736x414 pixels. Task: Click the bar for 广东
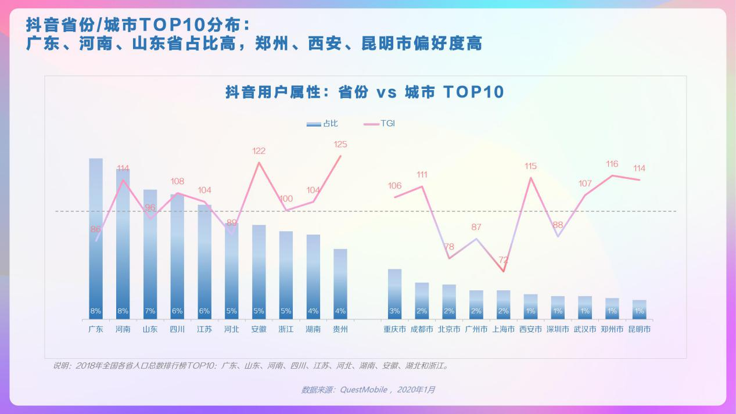[x=96, y=238]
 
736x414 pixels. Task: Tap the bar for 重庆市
[x=394, y=293]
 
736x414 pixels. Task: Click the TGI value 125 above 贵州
[x=340, y=144]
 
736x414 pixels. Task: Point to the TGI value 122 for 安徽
[x=259, y=151]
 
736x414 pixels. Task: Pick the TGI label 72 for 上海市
[x=503, y=260]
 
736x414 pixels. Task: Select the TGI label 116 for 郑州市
[x=612, y=164]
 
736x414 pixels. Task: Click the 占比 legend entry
[x=323, y=124]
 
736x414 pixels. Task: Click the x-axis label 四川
[x=177, y=329]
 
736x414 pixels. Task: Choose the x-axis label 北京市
[x=449, y=329]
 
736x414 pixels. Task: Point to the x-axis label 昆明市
[x=639, y=329]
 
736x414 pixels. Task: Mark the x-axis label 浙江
[x=286, y=329]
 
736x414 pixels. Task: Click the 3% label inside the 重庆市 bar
[x=394, y=311]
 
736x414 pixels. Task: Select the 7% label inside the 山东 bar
[x=150, y=311]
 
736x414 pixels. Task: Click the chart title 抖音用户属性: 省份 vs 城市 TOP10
[x=365, y=92]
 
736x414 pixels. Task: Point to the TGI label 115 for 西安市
[x=530, y=166]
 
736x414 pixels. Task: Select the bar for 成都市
[x=422, y=300]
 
